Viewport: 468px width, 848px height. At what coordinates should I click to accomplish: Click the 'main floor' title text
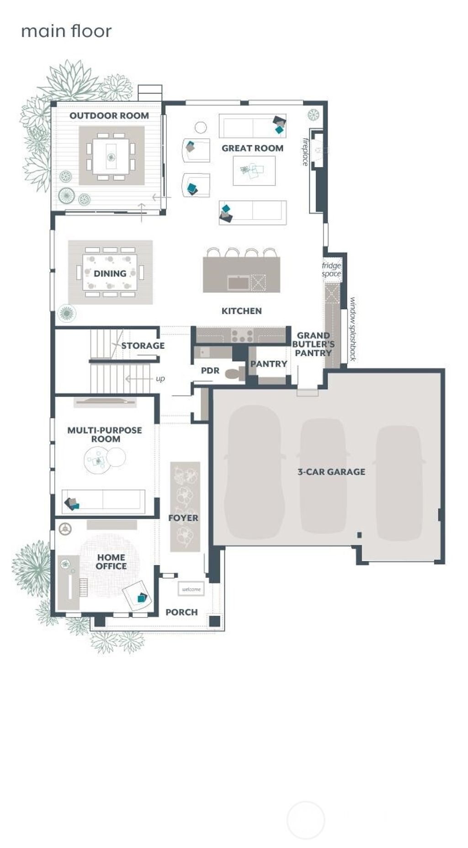point(66,31)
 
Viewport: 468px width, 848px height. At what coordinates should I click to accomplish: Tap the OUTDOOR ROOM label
point(109,115)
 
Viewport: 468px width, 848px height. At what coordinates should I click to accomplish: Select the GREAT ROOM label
point(252,148)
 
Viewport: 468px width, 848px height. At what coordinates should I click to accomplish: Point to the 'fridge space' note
point(331,269)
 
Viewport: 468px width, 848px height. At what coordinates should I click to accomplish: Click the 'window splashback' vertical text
point(352,329)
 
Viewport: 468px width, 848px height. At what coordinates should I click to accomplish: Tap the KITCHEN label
point(241,311)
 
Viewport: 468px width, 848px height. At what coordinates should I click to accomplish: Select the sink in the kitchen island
point(239,283)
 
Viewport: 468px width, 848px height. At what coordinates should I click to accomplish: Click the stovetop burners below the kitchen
point(242,336)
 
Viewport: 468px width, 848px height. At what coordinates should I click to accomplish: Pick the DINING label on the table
point(110,273)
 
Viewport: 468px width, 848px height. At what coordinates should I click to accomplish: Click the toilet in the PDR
point(236,373)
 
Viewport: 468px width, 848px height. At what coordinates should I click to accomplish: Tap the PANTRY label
point(268,364)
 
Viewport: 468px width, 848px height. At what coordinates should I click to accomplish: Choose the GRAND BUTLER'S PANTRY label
point(313,344)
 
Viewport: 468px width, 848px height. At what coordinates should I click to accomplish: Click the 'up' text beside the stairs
point(160,379)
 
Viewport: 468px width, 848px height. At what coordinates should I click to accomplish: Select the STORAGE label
point(143,345)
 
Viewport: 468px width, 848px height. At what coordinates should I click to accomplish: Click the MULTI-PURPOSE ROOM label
point(105,434)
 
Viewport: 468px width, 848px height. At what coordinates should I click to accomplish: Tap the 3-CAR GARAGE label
point(331,471)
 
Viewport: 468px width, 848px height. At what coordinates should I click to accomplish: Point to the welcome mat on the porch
point(191,589)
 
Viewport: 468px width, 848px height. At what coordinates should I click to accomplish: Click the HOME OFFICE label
point(111,561)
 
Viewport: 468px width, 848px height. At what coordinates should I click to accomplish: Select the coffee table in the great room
point(254,171)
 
